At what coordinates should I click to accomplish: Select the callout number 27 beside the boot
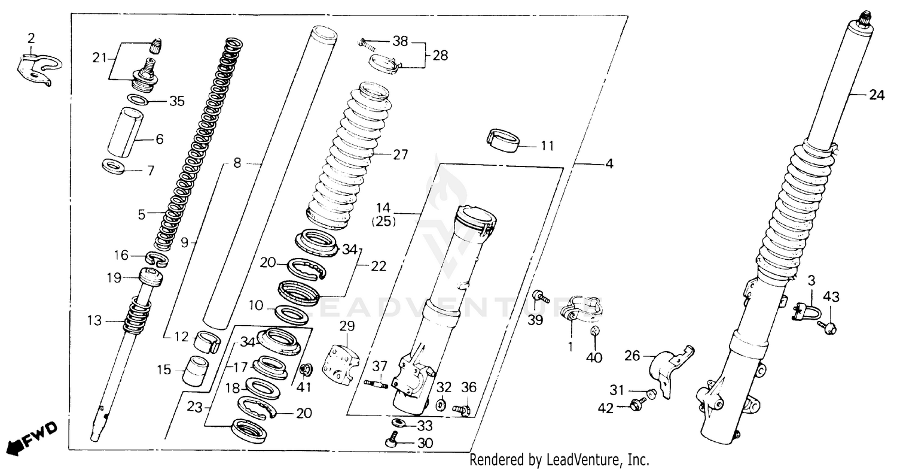[x=401, y=154]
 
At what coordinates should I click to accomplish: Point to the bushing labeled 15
[x=196, y=371]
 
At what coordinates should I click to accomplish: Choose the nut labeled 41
[x=306, y=368]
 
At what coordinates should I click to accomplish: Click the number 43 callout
[x=832, y=296]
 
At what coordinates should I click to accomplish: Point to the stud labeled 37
[x=376, y=383]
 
